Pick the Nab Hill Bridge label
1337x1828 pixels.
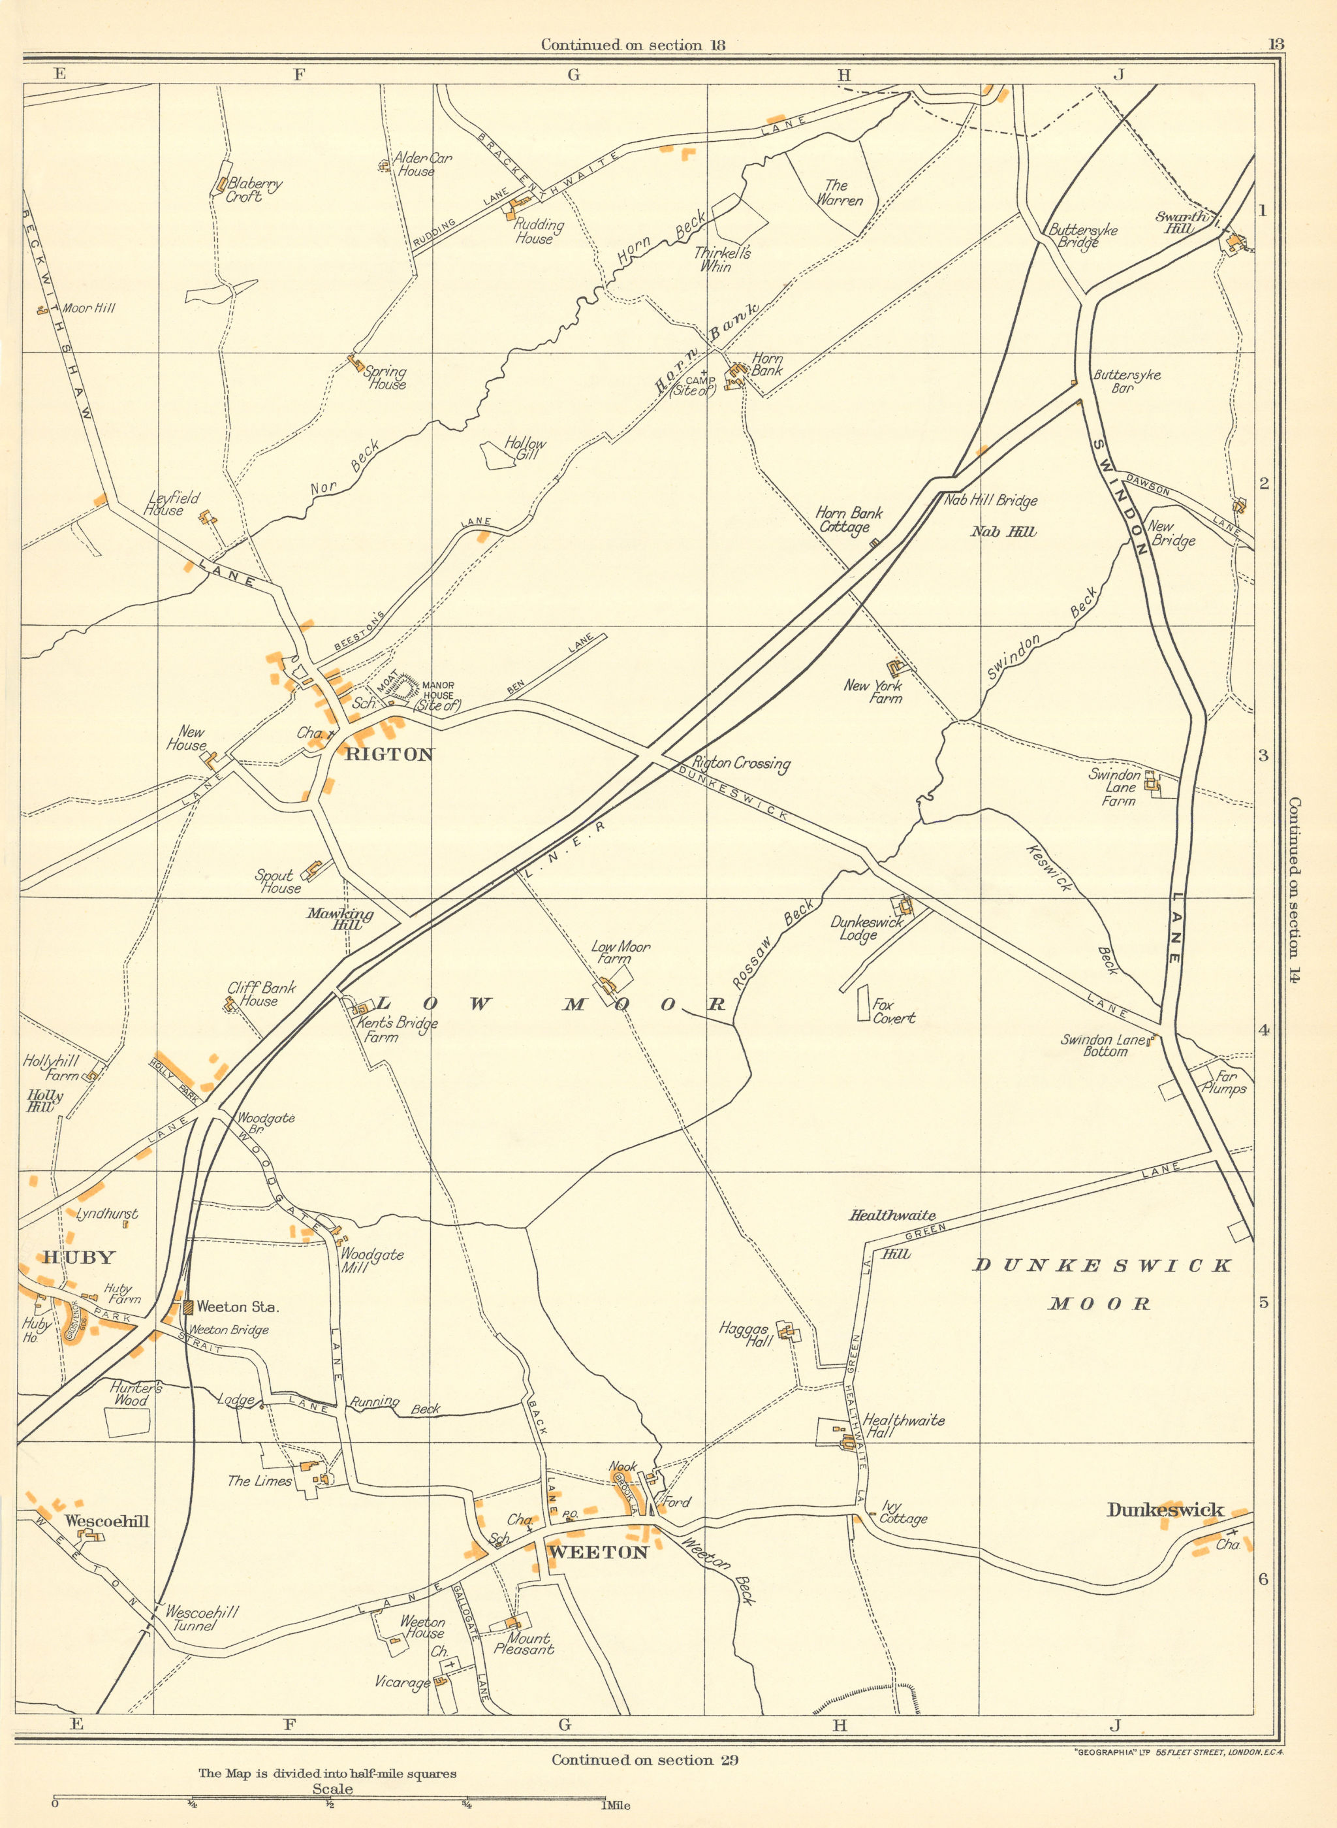tap(990, 501)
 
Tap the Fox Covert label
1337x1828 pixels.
tap(894, 1011)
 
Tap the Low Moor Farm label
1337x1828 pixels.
tap(621, 952)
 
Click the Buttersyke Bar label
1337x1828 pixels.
tap(1127, 381)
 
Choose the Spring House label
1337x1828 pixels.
tap(385, 378)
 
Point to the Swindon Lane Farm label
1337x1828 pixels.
tap(1114, 788)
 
